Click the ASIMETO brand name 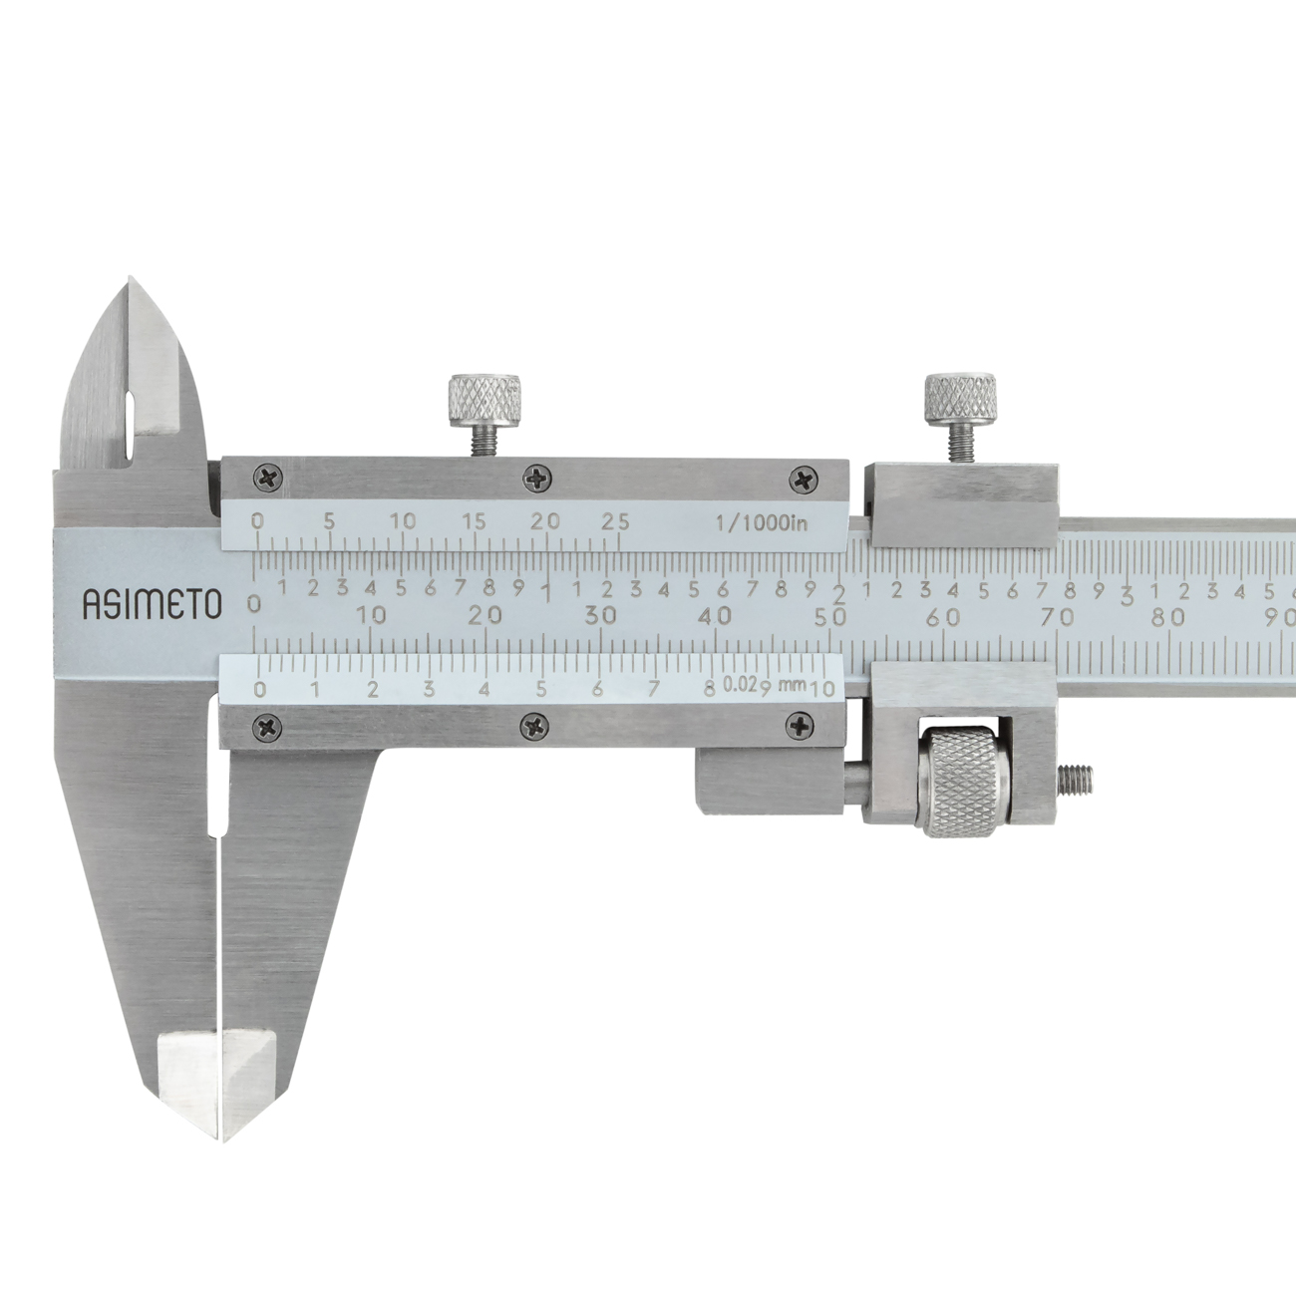[152, 604]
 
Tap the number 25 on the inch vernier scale [616, 521]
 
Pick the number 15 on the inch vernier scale [475, 521]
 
